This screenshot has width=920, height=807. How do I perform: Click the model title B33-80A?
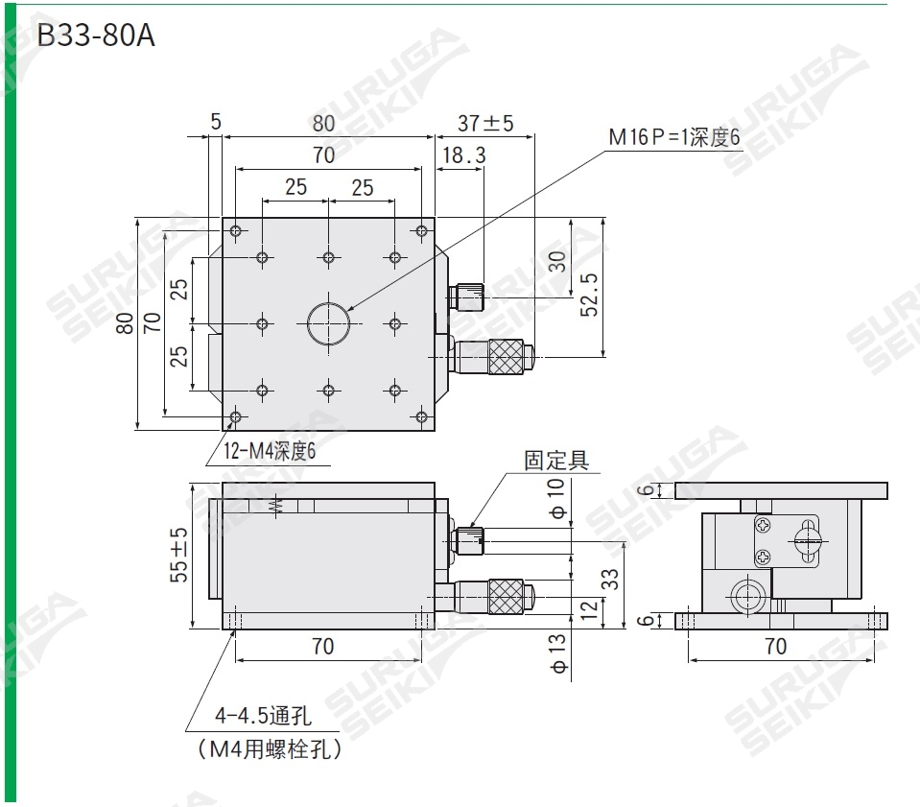(95, 37)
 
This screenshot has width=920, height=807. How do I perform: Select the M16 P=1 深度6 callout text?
(674, 138)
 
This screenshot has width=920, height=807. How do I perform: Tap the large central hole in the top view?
(328, 323)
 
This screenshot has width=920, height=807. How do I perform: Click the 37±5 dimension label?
(485, 123)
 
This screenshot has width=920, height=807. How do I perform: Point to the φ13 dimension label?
(558, 652)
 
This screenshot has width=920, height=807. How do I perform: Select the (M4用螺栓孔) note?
(270, 748)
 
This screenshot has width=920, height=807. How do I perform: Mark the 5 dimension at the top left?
(215, 122)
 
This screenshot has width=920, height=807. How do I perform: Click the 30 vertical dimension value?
(557, 260)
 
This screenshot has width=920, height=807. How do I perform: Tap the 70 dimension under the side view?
(775, 646)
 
